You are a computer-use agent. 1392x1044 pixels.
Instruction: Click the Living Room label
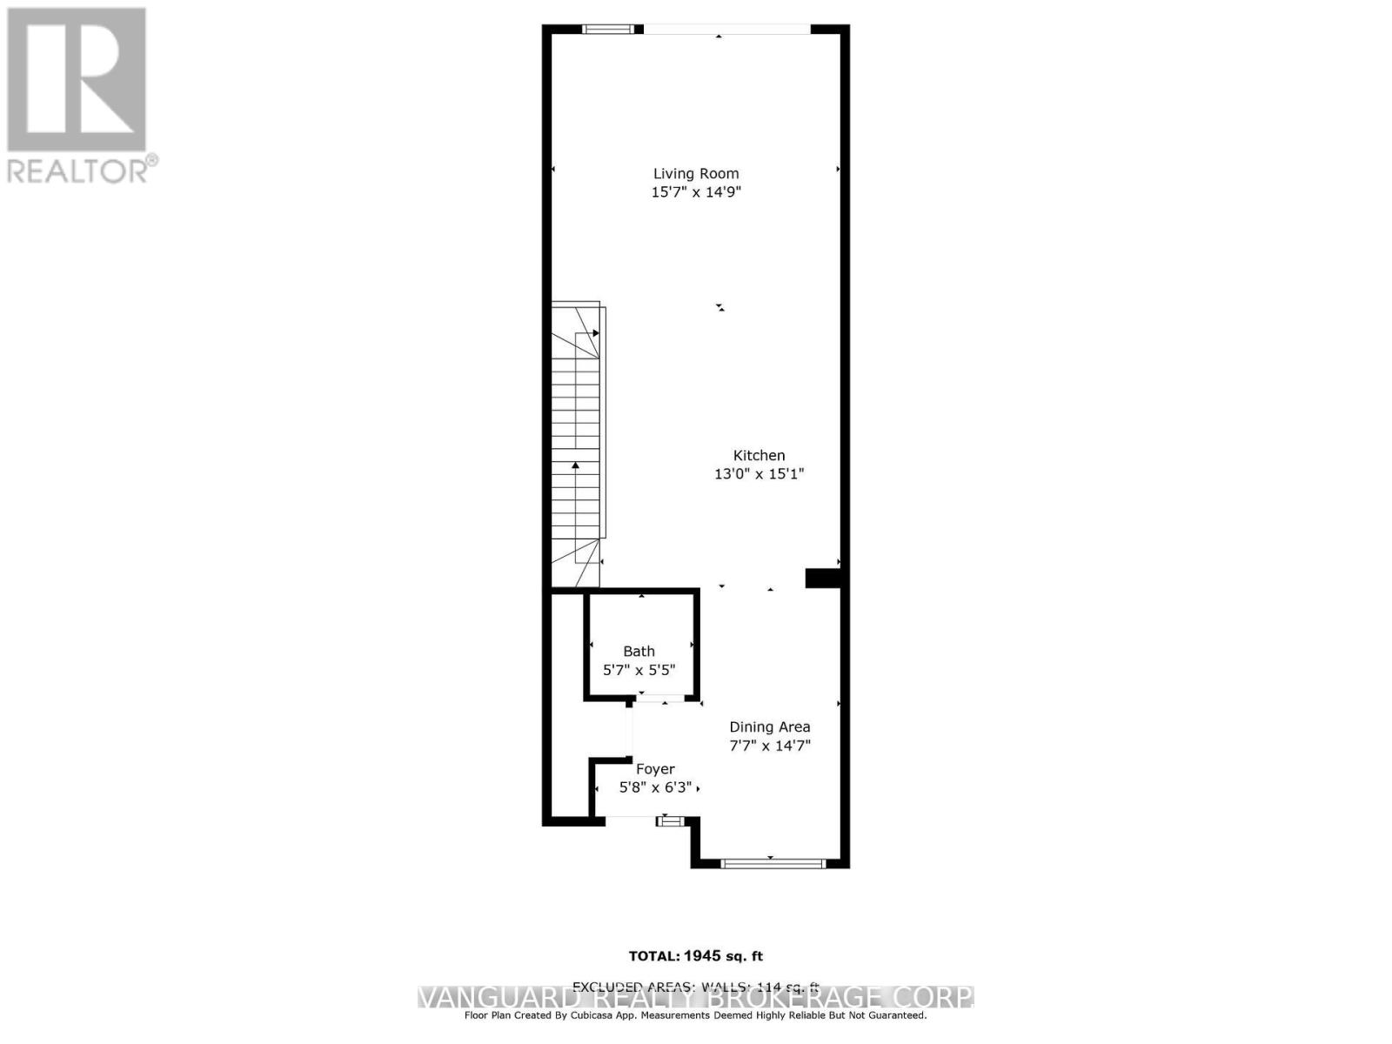696,173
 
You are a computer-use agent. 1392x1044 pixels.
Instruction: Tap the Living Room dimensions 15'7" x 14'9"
696,192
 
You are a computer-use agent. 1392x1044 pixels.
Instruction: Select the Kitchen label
759,455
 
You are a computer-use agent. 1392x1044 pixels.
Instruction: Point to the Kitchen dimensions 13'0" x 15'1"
759,474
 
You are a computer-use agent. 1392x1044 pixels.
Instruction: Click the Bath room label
639,651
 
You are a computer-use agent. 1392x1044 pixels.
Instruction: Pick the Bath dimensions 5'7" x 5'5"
639,670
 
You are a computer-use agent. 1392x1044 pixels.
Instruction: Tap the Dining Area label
769,726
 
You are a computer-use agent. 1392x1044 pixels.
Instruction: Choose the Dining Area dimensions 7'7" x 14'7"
769,746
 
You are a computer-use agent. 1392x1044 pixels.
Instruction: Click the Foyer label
655,769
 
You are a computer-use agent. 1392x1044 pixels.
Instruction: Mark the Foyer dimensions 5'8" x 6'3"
655,788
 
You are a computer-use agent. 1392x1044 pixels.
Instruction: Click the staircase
576,444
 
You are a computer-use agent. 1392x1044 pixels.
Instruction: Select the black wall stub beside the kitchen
822,578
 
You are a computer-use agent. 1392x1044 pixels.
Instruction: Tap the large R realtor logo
77,80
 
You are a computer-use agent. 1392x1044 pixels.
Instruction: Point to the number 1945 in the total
703,956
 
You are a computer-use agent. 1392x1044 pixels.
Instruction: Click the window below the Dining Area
772,863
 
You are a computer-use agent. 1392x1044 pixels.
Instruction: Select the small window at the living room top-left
608,29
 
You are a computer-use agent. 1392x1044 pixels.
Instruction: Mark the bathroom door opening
665,699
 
